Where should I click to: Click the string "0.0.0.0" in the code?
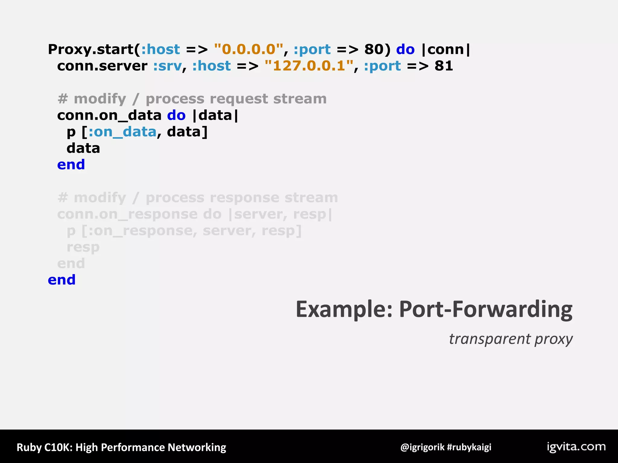pyautogui.click(x=249, y=49)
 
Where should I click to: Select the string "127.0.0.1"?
pyautogui.click(x=309, y=66)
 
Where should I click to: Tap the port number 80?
pyautogui.click(x=374, y=49)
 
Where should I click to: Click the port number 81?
pyautogui.click(x=444, y=66)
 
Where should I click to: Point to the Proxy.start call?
pyautogui.click(x=91, y=49)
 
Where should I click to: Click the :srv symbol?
pyautogui.click(x=167, y=66)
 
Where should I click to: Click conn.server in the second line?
pyautogui.click(x=102, y=66)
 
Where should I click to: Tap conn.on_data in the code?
pyautogui.click(x=109, y=115)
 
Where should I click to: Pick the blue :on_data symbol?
pyautogui.click(x=122, y=132)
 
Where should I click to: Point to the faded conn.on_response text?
pyautogui.click(x=128, y=214)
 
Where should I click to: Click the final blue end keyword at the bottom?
pyautogui.click(x=62, y=280)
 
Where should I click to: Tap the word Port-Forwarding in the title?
pyautogui.click(x=486, y=309)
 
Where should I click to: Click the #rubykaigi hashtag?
pyautogui.click(x=469, y=447)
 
